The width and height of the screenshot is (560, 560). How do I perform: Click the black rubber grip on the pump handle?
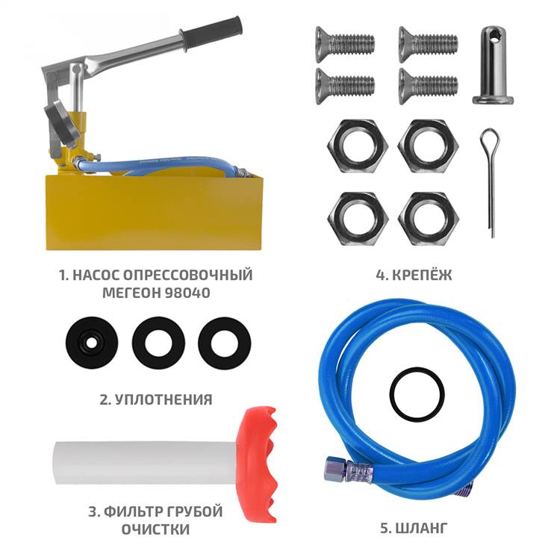[x=211, y=33]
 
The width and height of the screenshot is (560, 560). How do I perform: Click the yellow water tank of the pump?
[x=154, y=212]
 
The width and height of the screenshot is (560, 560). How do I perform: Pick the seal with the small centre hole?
[x=92, y=343]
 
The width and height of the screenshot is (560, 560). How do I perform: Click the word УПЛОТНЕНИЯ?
[x=163, y=399]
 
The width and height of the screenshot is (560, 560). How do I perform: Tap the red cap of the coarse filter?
[x=258, y=464]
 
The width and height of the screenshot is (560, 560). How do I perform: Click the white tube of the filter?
[x=146, y=463]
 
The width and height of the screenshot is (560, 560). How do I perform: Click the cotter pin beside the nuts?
[x=490, y=182]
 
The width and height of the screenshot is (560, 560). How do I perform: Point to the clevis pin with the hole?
[x=493, y=65]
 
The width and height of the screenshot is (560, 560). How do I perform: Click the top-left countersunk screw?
[x=345, y=44]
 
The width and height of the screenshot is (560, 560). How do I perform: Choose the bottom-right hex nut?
[x=429, y=218]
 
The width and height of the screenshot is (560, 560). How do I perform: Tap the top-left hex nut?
[x=358, y=146]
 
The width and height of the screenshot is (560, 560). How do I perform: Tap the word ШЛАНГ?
[x=421, y=528]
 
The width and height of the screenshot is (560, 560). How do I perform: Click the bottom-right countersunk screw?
[x=429, y=86]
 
